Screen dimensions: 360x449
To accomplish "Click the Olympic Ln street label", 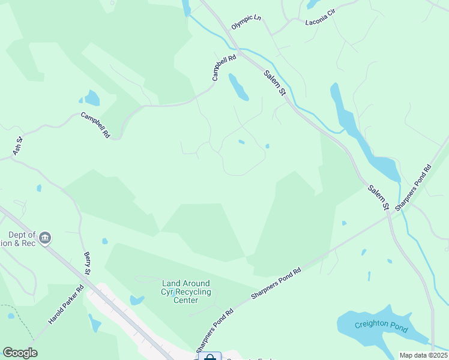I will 246,22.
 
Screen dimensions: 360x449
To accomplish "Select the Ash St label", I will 19,145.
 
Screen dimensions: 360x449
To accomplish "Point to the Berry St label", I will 87,264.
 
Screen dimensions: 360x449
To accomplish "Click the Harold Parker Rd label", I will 67,304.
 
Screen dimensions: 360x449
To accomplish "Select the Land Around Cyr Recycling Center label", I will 186,292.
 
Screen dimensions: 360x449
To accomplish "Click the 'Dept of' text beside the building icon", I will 22,235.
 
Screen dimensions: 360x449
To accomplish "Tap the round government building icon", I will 46,239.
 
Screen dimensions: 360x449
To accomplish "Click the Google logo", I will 20,353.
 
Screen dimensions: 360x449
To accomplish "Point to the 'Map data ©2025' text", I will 423,355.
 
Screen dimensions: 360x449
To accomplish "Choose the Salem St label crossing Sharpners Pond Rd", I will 378,197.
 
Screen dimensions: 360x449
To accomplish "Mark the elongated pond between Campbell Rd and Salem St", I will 238,88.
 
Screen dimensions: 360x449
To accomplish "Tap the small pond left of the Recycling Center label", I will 136,300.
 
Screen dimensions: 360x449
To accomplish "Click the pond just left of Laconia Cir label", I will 312,4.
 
